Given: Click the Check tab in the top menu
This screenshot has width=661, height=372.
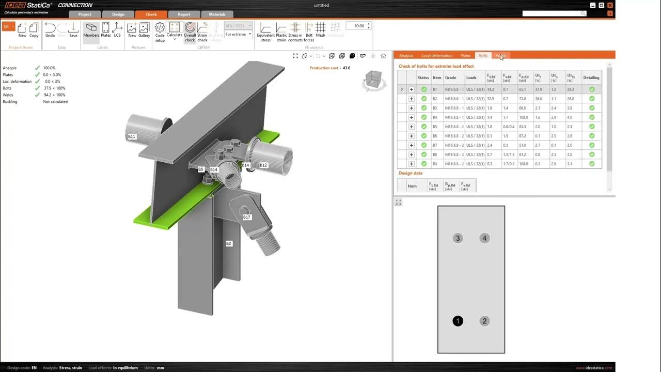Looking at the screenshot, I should coord(151,14).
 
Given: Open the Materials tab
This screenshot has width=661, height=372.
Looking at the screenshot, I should coord(217,14).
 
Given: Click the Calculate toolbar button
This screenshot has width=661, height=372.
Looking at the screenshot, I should coord(175,30).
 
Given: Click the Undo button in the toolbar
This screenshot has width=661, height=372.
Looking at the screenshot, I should coord(50,30).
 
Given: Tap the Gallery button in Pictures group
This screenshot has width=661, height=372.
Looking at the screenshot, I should coord(144,30).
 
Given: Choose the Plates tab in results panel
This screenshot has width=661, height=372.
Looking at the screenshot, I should coord(466,55).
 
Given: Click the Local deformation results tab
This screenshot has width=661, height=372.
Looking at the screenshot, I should coord(436,55).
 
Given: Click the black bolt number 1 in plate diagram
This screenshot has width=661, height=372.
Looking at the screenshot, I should coord(458,321).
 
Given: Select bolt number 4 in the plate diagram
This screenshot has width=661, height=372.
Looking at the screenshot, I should coord(484,238).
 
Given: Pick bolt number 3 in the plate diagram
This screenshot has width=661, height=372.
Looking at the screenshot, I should coord(458,238).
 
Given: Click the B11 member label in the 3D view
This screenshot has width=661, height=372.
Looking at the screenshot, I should coord(132,136).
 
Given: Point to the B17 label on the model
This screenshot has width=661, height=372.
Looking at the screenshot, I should coord(247,217).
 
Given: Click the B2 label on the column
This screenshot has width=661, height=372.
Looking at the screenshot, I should coord(229,243).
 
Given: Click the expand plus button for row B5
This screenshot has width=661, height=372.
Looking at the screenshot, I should coord(412,127).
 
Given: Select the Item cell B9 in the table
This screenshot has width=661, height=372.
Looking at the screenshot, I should coord(435,164).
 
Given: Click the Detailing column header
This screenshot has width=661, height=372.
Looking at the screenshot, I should coord(591,78).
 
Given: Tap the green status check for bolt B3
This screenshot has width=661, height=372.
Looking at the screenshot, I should coord(424,108).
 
